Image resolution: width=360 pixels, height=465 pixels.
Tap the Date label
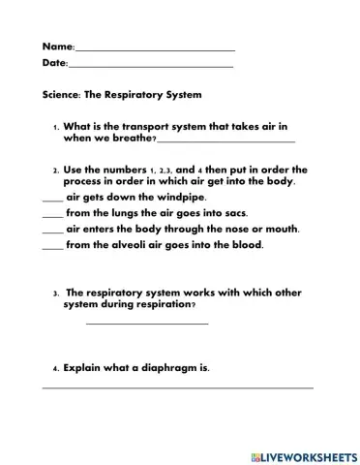53,63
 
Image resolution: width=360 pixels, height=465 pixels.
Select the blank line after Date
150,66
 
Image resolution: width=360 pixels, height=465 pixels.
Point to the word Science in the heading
63,95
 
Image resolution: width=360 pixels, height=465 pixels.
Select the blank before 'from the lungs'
52,214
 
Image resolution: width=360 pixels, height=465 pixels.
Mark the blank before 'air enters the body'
52,231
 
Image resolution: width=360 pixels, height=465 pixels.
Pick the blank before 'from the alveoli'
52,247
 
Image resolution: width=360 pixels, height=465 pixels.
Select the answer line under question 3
147,323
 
